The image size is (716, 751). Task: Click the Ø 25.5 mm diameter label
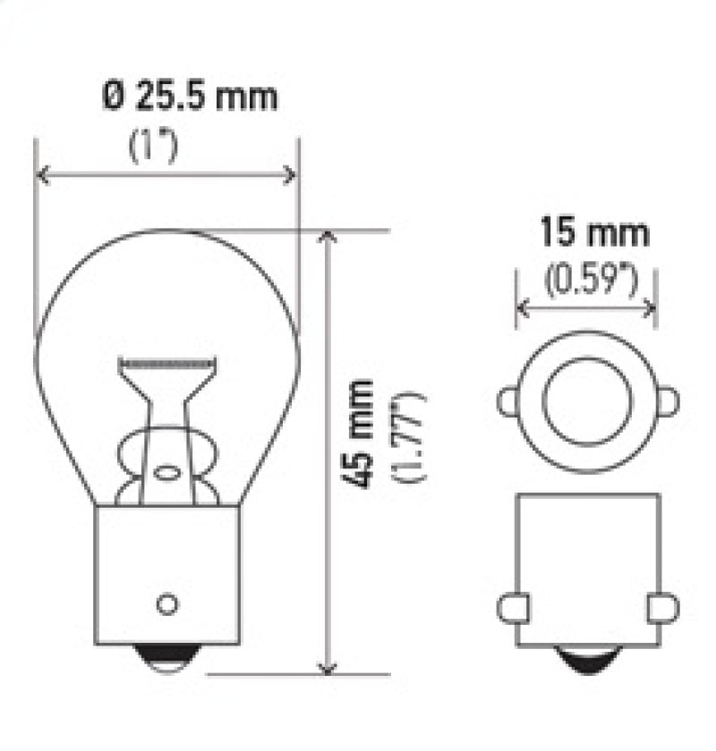189,96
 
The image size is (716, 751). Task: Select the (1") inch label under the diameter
153,147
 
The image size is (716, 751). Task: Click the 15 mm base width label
593,234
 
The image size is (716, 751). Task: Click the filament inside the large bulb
167,366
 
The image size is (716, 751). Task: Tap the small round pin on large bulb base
166,603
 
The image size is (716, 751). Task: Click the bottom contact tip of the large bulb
167,660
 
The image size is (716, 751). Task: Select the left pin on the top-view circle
508,402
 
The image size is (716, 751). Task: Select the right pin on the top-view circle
668,402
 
